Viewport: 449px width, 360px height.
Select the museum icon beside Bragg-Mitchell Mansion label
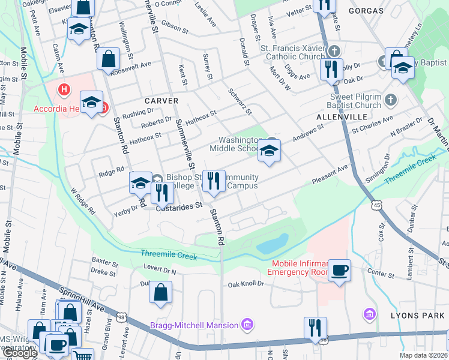click(x=246, y=325)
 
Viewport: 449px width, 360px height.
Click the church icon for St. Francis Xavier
click(x=334, y=51)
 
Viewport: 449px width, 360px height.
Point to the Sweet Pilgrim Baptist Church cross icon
click(x=390, y=99)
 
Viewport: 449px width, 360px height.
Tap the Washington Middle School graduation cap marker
click(x=269, y=153)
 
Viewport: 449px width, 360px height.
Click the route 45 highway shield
click(x=376, y=205)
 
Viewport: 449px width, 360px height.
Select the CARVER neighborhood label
click(x=161, y=101)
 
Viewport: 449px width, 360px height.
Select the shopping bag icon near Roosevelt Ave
click(x=109, y=60)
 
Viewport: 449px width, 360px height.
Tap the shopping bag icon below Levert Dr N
click(x=161, y=293)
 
